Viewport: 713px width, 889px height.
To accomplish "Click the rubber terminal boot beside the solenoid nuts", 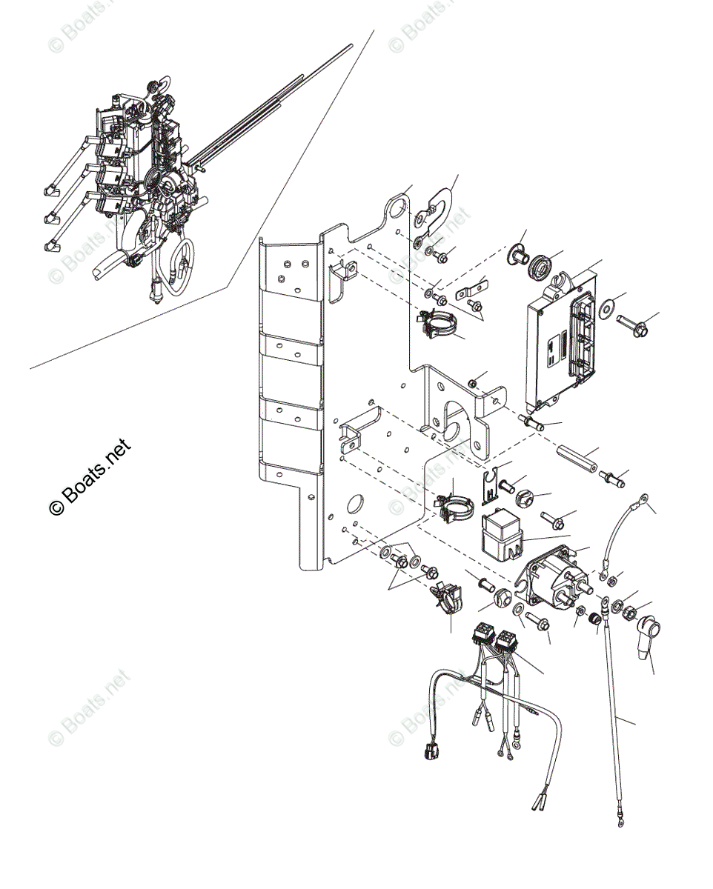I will (647, 639).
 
